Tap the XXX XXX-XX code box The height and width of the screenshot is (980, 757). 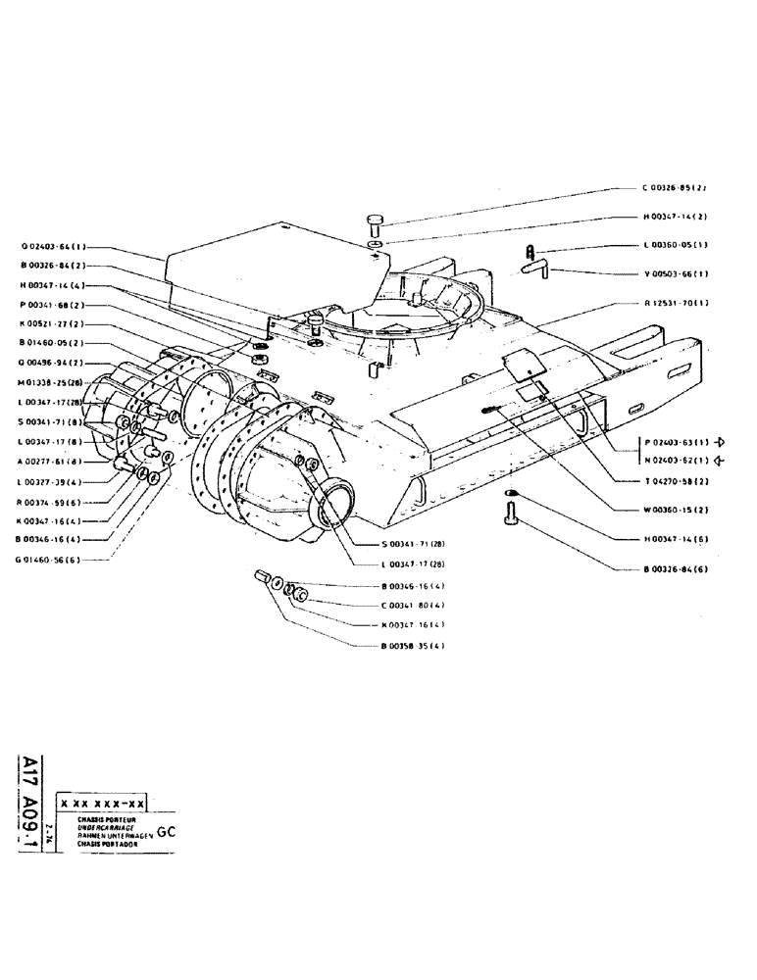tap(102, 804)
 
